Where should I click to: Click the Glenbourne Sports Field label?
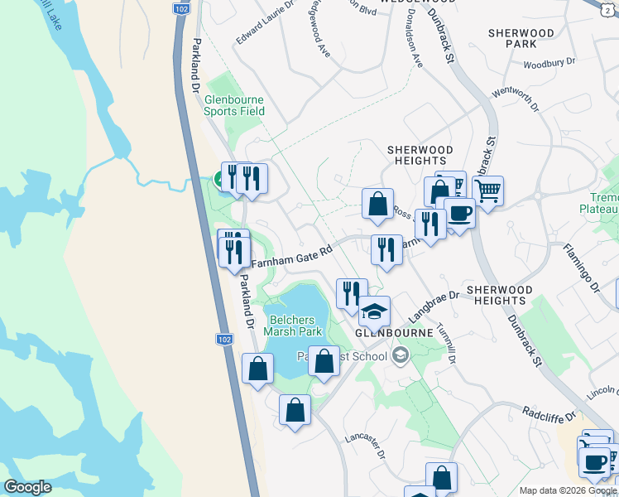[x=235, y=105]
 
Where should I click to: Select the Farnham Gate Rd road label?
[x=291, y=254]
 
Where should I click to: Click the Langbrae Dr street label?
[x=433, y=306]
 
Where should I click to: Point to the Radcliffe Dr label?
[x=548, y=412]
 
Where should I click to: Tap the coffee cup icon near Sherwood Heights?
[x=460, y=213]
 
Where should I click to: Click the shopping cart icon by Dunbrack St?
[x=488, y=191]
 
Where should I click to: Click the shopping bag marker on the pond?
[x=324, y=360]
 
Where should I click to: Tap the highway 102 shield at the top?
[x=180, y=7]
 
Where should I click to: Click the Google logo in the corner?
[x=27, y=487]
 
